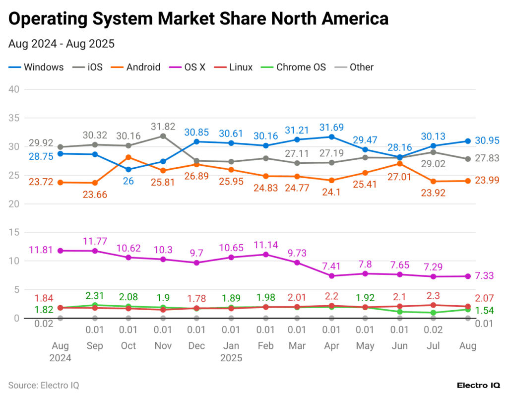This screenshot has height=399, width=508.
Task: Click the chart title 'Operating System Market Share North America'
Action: click(198, 18)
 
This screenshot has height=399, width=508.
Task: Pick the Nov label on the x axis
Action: click(163, 346)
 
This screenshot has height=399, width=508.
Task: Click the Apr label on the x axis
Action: click(331, 346)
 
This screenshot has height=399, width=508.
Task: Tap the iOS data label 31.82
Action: click(163, 126)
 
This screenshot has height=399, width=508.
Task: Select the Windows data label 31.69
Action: click(331, 127)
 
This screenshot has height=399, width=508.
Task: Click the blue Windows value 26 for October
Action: click(128, 181)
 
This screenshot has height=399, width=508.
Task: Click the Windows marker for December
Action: click(196, 141)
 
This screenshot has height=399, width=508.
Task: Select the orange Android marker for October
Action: click(128, 157)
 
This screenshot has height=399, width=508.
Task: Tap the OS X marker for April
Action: click(331, 276)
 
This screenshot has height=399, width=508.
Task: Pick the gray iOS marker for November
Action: click(163, 136)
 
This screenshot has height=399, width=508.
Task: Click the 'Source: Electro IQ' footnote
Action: click(44, 385)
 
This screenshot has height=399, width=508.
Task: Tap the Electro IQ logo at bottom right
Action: click(478, 385)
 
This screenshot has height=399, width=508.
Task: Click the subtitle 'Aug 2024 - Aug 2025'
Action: click(62, 44)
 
